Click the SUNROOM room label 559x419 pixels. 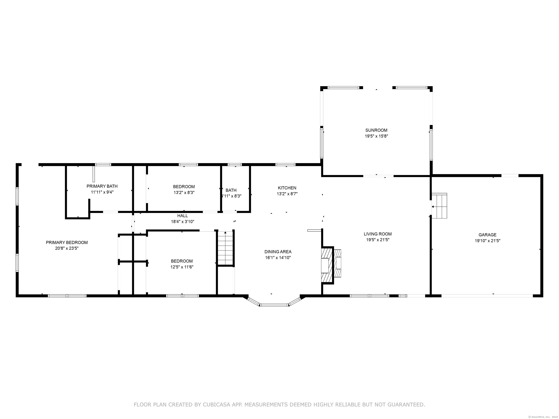376,130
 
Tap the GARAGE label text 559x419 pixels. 487,235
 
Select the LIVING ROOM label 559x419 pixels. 378,234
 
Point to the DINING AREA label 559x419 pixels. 278,252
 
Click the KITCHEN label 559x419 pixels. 287,188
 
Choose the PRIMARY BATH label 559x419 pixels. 102,186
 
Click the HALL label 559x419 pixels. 183,216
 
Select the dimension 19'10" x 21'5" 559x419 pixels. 487,241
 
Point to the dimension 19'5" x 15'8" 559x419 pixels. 376,136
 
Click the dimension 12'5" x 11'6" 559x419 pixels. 182,267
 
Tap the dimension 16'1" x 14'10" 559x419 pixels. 278,258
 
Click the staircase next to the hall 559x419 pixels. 225,248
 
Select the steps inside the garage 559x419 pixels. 439,205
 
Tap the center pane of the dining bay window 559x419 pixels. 274,305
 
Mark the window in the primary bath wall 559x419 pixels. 103,165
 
